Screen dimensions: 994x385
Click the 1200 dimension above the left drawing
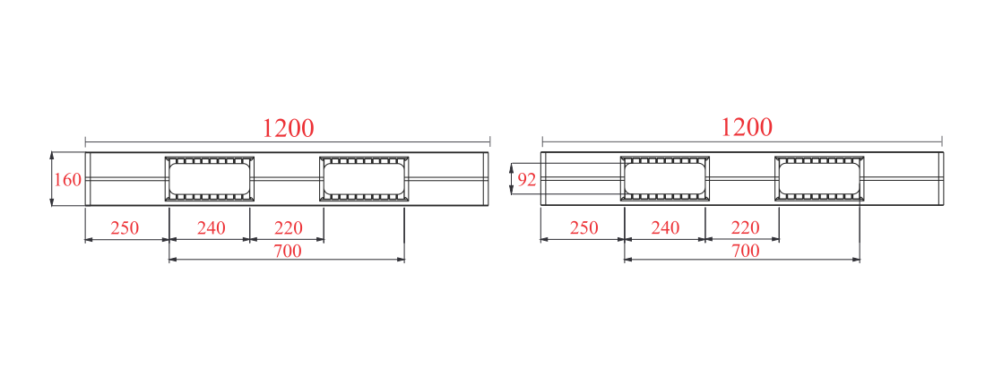(288, 129)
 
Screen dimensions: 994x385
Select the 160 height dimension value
(68, 180)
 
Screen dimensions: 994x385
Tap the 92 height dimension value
(527, 180)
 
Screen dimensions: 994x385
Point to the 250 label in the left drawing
(125, 228)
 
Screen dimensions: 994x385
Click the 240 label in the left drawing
(212, 228)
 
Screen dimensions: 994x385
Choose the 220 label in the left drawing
(289, 228)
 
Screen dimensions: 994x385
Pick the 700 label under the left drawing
(287, 252)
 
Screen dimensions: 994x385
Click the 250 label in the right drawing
(583, 228)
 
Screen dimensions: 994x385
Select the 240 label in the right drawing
(666, 228)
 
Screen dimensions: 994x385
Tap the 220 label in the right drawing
(745, 228)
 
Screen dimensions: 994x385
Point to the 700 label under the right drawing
(746, 252)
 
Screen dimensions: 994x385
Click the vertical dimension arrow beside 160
(51, 179)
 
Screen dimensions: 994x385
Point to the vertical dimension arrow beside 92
(512, 179)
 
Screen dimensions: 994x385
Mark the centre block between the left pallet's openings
(287, 179)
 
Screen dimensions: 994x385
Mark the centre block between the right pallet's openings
(742, 179)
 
